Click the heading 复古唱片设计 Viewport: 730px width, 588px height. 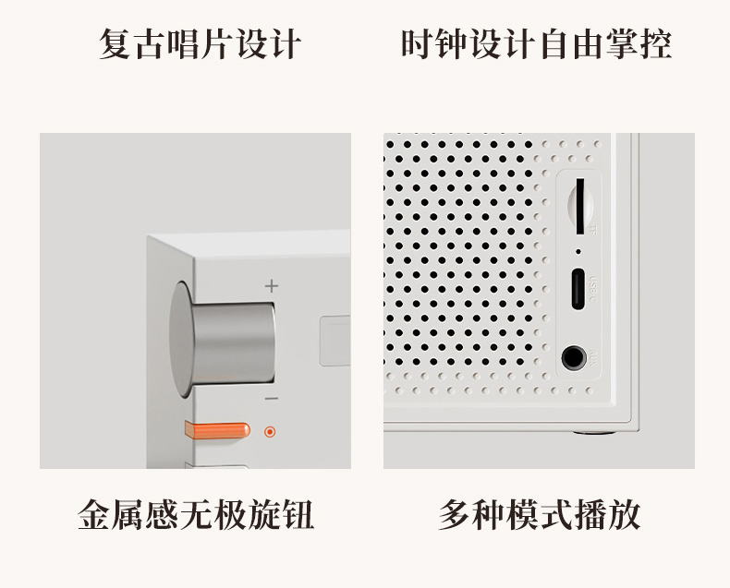pyautogui.click(x=200, y=44)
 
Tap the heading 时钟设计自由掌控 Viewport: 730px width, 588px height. pyautogui.click(x=536, y=44)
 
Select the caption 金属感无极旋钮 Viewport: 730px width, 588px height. pyautogui.click(x=196, y=515)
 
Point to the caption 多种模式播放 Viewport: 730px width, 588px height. pyautogui.click(x=540, y=515)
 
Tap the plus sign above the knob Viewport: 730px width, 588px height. pyautogui.click(x=272, y=285)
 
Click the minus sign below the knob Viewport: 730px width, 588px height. pyautogui.click(x=272, y=398)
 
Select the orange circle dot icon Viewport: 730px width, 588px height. pyautogui.click(x=270, y=432)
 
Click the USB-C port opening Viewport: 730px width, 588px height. pyautogui.click(x=578, y=289)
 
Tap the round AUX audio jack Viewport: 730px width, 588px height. pyautogui.click(x=574, y=358)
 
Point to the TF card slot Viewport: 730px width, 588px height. pyautogui.click(x=580, y=206)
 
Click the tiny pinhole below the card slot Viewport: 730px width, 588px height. pyautogui.click(x=578, y=252)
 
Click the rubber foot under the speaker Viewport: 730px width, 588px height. pyautogui.click(x=593, y=432)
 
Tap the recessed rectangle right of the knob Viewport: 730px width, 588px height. pyautogui.click(x=335, y=341)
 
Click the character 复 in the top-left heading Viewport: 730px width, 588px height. pyautogui.click(x=115, y=44)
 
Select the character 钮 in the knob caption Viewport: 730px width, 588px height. pyautogui.click(x=298, y=515)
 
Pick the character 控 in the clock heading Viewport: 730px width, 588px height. pyautogui.click(x=655, y=44)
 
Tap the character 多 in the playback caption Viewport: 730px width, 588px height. pyautogui.click(x=455, y=515)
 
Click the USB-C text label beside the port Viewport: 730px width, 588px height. pyautogui.click(x=592, y=289)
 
